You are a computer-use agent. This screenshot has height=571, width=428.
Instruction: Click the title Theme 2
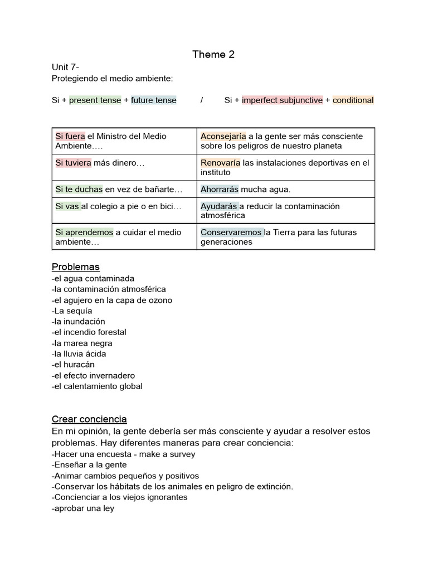(213, 54)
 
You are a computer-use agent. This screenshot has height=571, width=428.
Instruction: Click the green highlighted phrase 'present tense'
(95, 100)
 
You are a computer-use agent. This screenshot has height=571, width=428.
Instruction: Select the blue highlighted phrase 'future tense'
(154, 100)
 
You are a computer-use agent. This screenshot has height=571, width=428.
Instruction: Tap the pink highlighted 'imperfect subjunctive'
(283, 100)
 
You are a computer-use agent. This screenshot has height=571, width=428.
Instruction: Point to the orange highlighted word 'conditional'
(353, 100)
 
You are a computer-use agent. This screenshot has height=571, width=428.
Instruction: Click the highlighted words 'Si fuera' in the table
(70, 136)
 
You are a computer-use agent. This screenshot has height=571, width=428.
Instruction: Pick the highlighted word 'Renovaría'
(221, 163)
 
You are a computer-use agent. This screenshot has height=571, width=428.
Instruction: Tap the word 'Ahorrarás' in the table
(220, 189)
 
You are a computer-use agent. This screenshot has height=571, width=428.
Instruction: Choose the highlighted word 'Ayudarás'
(220, 206)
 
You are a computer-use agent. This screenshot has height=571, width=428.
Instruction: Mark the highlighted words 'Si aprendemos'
(84, 232)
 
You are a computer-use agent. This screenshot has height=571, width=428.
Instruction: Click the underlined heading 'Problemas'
(76, 267)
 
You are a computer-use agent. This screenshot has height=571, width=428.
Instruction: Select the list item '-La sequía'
(72, 311)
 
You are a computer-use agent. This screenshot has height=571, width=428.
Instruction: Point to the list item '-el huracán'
(74, 365)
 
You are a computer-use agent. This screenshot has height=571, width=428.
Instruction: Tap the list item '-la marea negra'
(82, 343)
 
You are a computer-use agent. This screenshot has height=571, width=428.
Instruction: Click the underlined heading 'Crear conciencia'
(89, 419)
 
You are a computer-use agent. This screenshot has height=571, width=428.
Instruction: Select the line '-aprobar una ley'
(83, 508)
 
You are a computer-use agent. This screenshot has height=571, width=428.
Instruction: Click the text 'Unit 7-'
(65, 67)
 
